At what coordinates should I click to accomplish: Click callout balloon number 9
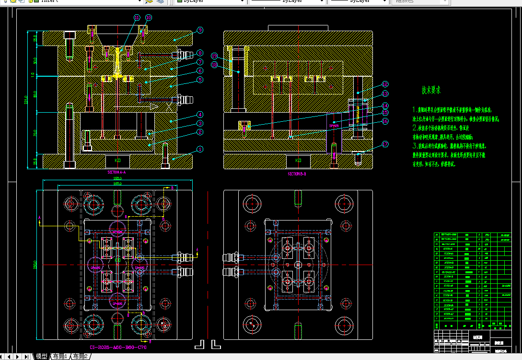coord(200,30)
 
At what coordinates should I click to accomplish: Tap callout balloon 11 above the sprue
coord(137,18)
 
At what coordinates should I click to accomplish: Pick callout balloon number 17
coord(385,144)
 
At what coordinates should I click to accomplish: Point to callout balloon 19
coord(214,56)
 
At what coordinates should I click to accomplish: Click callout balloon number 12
coord(385,84)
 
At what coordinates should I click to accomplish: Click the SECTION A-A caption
coord(116,172)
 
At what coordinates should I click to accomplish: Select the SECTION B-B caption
coord(297,174)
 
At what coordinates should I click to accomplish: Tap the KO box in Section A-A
coord(118,160)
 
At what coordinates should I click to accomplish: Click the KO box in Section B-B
coord(298,160)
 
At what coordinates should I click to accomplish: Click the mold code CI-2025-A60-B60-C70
coord(118,347)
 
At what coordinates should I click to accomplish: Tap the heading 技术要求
coord(431,90)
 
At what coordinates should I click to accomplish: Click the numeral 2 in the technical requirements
coord(415,128)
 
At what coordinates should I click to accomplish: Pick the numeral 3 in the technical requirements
coord(415,145)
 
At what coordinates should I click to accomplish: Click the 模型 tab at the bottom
coord(42,356)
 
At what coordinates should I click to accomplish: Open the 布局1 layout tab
coord(60,356)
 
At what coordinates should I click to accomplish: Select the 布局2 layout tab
coord(81,356)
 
